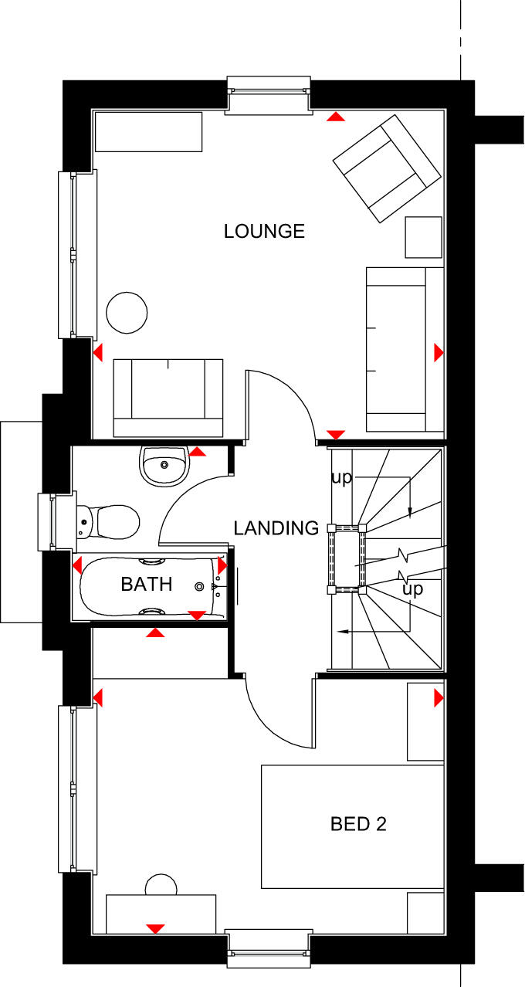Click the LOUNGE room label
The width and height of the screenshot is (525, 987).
click(x=264, y=231)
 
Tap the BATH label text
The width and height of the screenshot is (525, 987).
click(x=147, y=584)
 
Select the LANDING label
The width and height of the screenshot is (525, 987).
click(x=276, y=528)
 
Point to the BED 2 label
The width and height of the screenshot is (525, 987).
click(x=358, y=824)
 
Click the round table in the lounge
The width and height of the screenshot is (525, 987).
click(x=126, y=313)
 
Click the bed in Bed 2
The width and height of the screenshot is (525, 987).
click(x=352, y=826)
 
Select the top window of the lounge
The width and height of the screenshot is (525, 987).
click(x=269, y=95)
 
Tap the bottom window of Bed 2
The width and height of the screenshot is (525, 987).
click(x=269, y=948)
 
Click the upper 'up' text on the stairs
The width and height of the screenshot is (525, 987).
click(x=341, y=477)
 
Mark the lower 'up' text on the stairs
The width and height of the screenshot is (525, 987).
click(x=414, y=589)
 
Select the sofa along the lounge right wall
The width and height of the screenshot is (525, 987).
click(x=405, y=349)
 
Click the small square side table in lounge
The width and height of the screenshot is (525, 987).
click(x=424, y=237)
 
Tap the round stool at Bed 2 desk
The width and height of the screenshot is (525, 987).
click(x=161, y=886)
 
